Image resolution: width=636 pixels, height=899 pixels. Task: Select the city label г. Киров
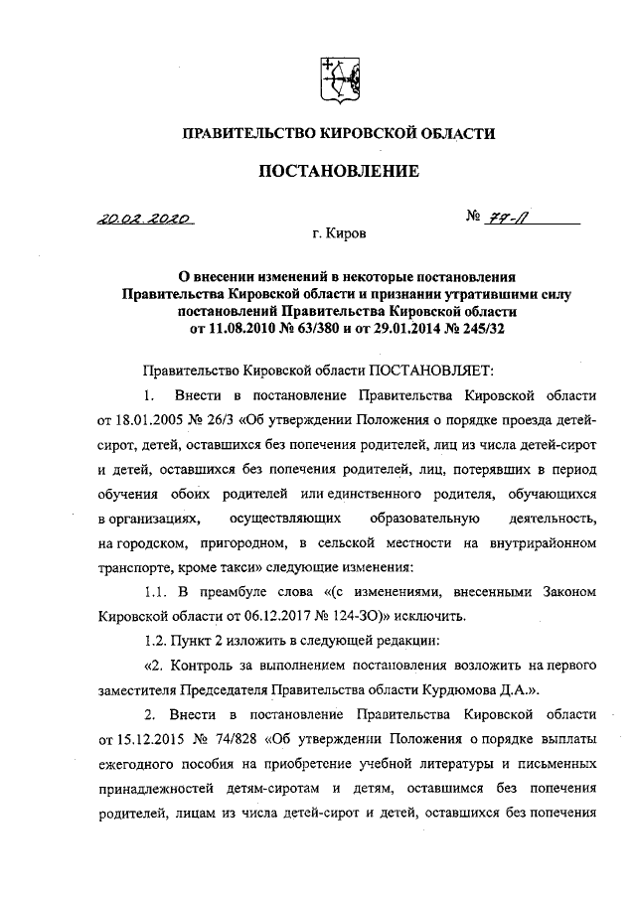coord(338,236)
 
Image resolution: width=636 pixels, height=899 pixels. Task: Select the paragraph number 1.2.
coord(157,640)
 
